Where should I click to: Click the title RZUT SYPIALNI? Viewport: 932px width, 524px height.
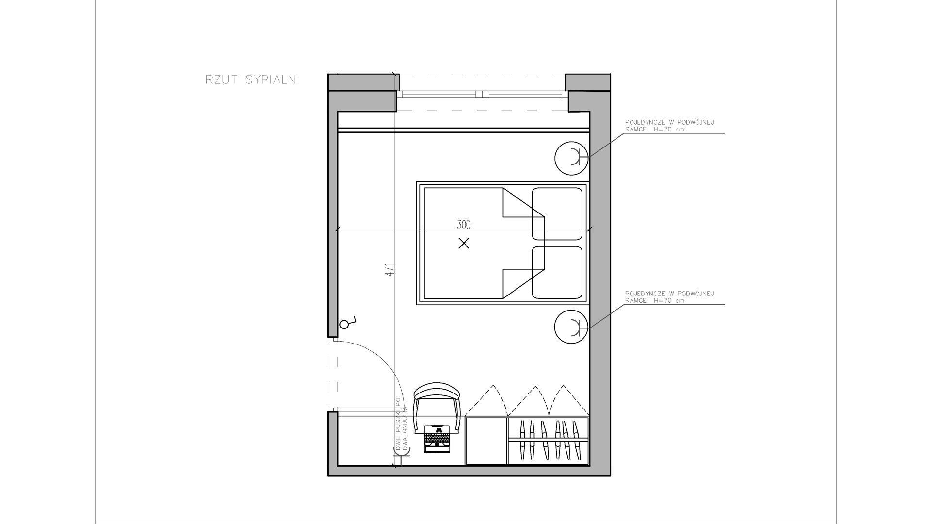(x=252, y=80)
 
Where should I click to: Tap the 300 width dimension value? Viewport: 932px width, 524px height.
(x=464, y=225)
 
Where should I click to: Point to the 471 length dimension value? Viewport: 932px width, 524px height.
(x=389, y=270)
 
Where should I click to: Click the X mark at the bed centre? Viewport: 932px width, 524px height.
(x=464, y=243)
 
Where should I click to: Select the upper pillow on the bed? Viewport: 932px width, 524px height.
(x=557, y=214)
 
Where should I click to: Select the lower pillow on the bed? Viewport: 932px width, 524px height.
(x=557, y=272)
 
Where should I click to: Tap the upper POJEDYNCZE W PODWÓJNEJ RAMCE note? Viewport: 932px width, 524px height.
(x=669, y=126)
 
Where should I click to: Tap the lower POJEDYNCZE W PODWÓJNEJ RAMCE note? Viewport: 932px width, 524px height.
(x=669, y=297)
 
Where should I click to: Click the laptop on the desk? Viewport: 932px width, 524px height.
(x=437, y=439)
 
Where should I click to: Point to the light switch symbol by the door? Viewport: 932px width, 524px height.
(x=348, y=323)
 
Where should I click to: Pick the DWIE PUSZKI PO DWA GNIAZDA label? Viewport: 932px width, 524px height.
(x=401, y=425)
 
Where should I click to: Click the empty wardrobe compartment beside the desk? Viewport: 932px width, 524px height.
(x=486, y=441)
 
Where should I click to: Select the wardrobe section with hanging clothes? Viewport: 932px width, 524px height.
(x=548, y=441)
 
